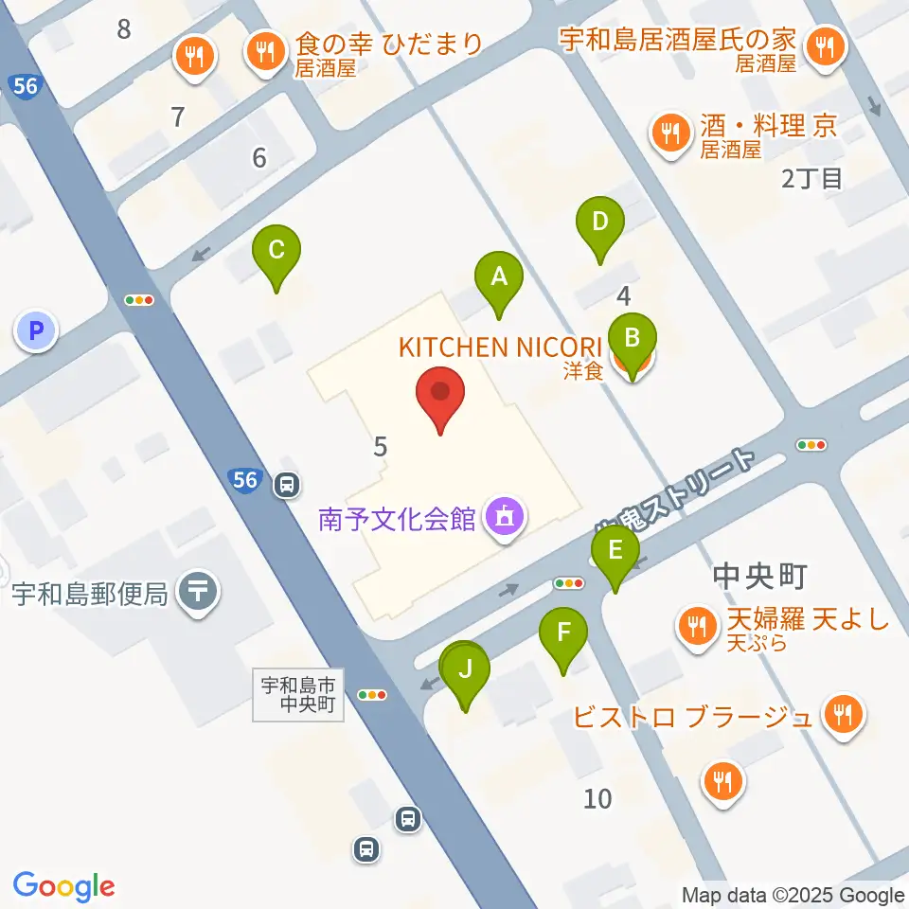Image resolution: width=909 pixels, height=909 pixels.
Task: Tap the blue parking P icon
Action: click(36, 331)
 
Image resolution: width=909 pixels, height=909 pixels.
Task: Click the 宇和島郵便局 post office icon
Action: click(199, 593)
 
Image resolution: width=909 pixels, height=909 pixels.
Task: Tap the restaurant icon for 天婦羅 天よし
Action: click(698, 625)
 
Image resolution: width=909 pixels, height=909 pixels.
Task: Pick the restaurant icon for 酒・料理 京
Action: click(672, 132)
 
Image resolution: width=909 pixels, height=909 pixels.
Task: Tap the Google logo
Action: click(64, 886)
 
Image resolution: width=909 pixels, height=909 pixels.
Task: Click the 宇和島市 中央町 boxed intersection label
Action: click(298, 695)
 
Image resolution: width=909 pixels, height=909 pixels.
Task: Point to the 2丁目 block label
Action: click(812, 178)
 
